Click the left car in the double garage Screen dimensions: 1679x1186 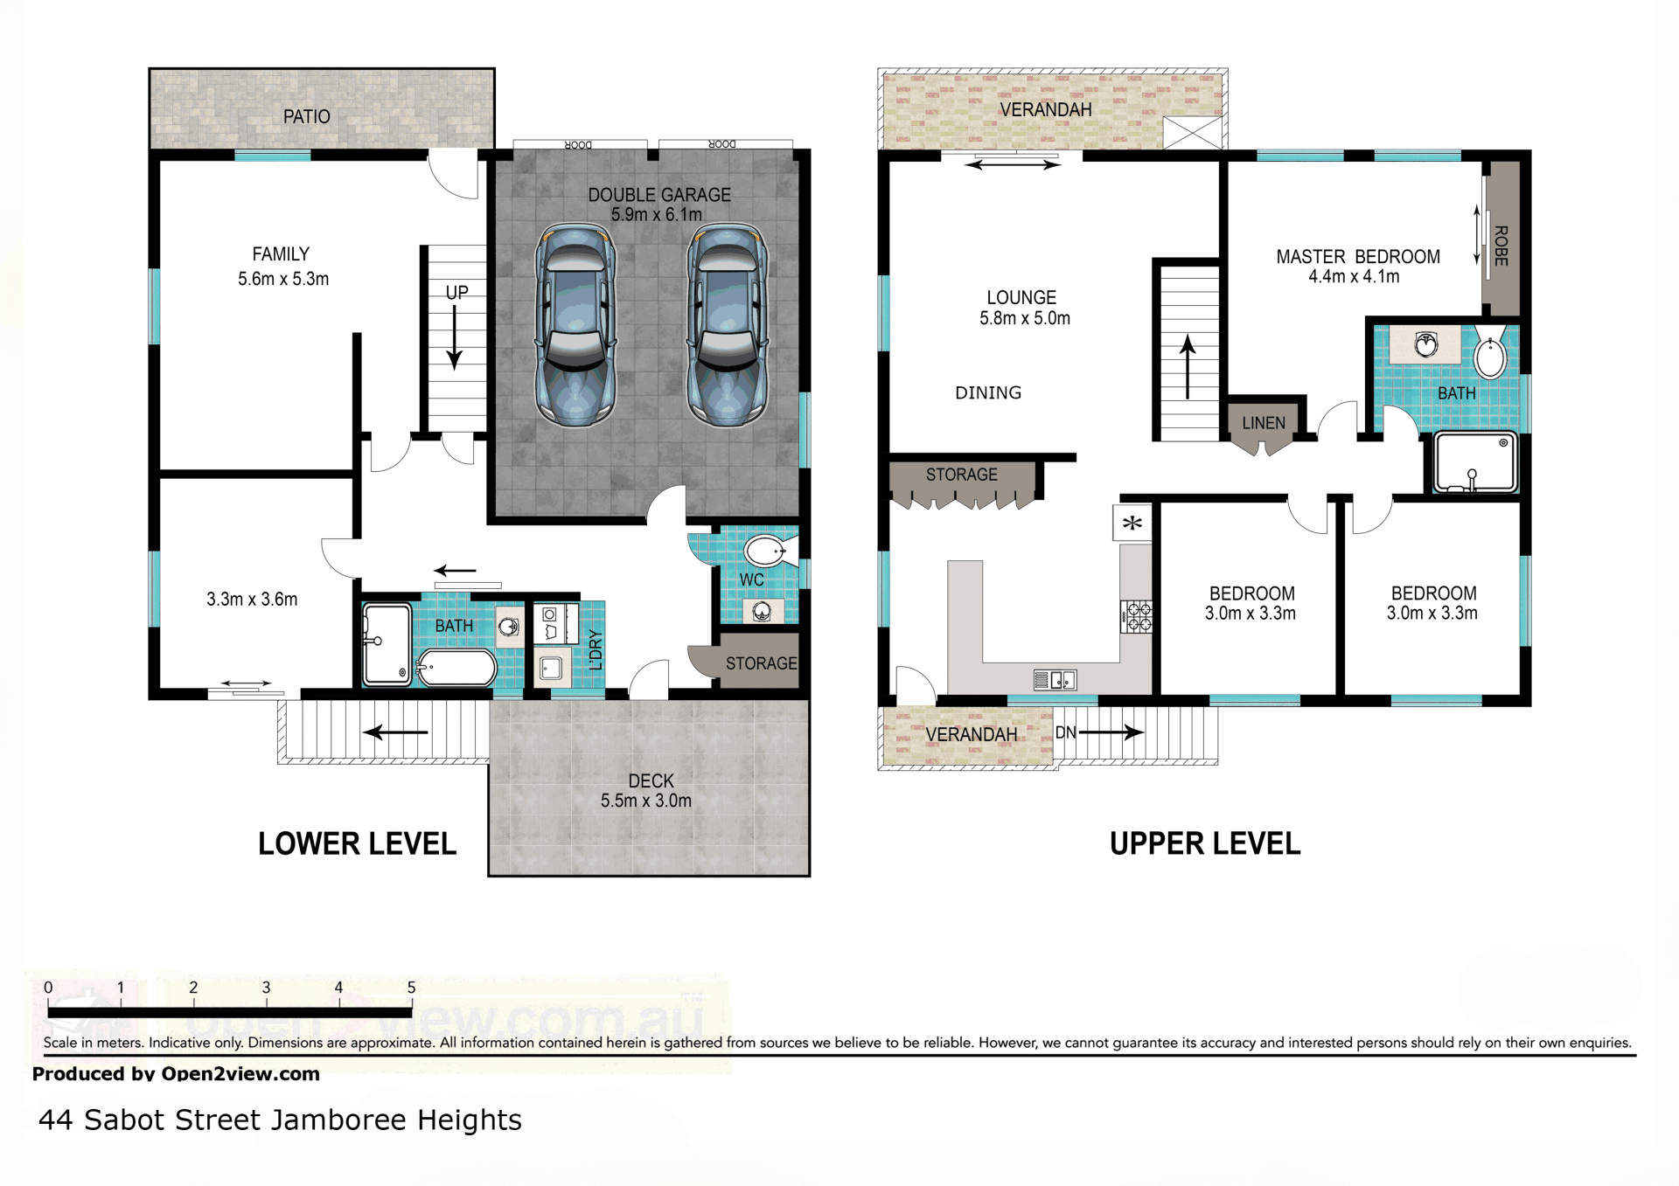575,325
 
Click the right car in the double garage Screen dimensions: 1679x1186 728,325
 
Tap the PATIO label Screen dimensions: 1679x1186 307,116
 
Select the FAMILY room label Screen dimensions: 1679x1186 281,253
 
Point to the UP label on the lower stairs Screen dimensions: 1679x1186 456,293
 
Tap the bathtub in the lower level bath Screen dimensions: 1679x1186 456,669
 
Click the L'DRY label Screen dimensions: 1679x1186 596,649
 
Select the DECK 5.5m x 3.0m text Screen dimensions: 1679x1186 647,790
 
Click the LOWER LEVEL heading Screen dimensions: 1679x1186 357,843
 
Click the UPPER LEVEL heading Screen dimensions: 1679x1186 1205,843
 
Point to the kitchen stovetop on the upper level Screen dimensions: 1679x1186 1137,616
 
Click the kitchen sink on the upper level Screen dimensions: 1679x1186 1055,679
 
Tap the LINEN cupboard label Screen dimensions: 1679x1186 1264,423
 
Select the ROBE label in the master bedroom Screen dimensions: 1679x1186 1501,246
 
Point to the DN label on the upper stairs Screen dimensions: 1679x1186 1065,732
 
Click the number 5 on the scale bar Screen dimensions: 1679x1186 411,987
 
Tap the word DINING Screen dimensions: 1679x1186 988,393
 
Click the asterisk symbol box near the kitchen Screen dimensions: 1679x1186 1132,524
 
